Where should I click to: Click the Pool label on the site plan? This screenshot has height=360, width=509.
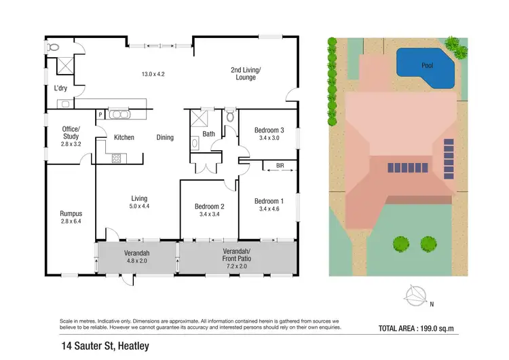[x=427, y=66]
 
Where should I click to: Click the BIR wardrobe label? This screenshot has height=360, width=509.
[x=280, y=165]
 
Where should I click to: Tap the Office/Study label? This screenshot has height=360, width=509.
[x=71, y=133]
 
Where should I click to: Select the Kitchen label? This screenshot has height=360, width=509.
[x=124, y=137]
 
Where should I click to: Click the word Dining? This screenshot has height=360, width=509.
[x=165, y=137]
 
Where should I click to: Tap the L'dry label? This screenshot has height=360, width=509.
[x=60, y=88]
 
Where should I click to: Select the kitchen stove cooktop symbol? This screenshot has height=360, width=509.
[x=116, y=158]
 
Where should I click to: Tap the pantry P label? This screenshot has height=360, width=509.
[x=100, y=115]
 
